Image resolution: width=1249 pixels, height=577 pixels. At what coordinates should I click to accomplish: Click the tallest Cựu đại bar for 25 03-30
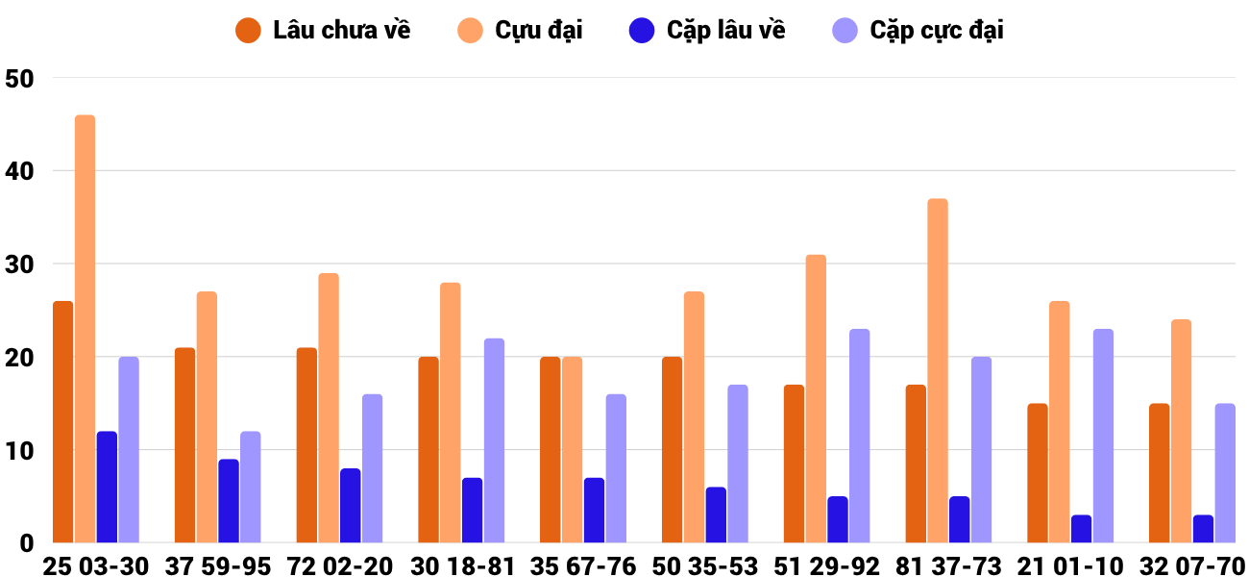(85, 329)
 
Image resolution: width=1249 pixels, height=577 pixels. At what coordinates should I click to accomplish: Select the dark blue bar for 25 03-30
(107, 487)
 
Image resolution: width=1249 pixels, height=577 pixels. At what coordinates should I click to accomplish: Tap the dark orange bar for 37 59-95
(184, 444)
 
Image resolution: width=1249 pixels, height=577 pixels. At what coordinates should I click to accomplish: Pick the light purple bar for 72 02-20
(372, 468)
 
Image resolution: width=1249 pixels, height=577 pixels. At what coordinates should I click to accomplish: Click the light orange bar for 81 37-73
(938, 370)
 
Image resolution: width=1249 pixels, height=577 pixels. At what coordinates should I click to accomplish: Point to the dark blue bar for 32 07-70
(1203, 529)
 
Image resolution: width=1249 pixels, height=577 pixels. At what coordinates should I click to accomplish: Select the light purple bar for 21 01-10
(1103, 436)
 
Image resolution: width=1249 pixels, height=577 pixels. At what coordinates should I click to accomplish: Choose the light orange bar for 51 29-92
(816, 398)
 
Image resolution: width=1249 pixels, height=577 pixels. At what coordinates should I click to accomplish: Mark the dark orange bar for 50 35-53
(672, 450)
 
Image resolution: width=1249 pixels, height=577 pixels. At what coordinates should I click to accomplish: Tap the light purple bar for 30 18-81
(494, 440)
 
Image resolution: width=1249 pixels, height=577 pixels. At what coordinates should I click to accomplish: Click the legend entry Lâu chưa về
(323, 30)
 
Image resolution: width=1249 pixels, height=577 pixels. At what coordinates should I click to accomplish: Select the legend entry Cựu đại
(520, 30)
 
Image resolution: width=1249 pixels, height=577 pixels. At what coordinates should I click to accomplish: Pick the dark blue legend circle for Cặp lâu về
(642, 30)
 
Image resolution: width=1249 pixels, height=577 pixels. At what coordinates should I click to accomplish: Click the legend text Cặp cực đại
(937, 30)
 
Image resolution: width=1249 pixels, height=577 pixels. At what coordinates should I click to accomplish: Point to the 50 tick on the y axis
(19, 78)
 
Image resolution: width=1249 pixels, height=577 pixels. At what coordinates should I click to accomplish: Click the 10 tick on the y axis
(19, 450)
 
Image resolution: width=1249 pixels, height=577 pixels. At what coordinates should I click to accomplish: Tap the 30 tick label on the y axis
(19, 263)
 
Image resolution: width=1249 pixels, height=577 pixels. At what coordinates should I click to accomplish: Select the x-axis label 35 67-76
(582, 565)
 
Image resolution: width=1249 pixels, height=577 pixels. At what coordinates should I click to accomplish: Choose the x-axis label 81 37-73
(948, 565)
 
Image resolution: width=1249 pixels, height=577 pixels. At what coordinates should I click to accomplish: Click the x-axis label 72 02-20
(339, 565)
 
